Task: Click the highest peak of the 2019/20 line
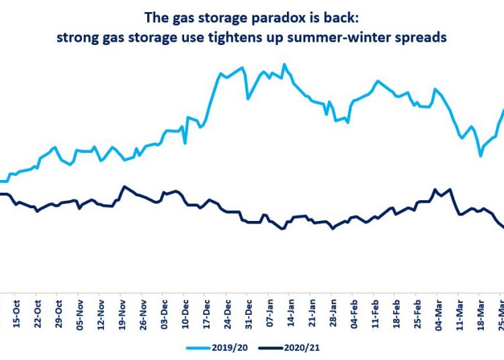[x=284, y=64]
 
